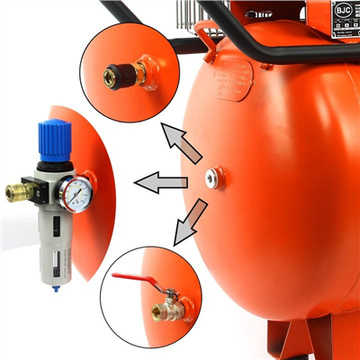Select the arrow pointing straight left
[x=160, y=184]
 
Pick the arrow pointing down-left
[x=191, y=222]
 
